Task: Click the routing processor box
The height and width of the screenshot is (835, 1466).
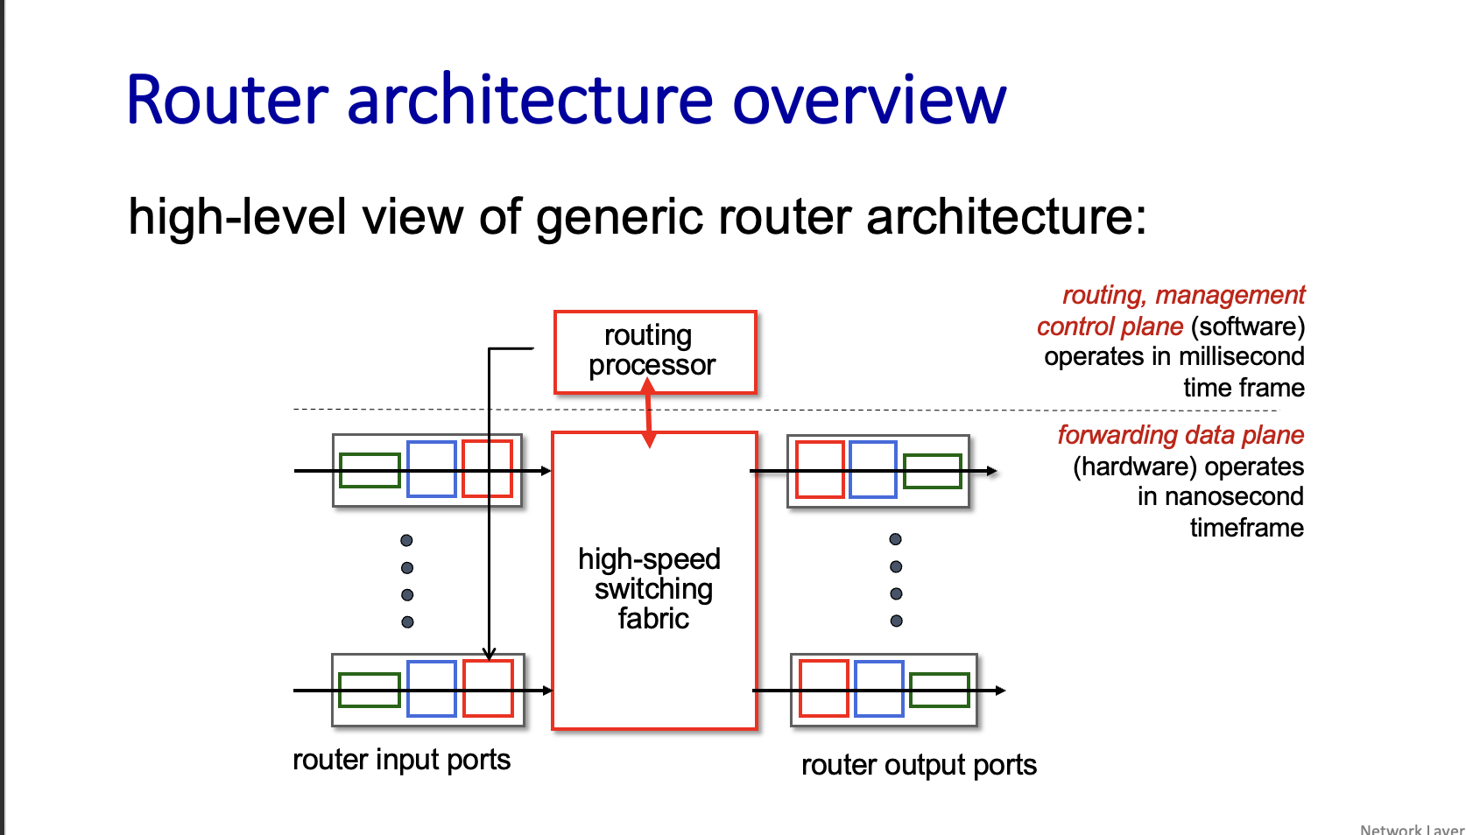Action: click(x=654, y=351)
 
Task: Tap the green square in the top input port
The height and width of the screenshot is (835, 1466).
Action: click(x=370, y=470)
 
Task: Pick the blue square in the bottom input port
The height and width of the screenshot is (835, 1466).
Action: click(x=432, y=689)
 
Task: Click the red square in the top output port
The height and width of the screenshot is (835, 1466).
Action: click(x=820, y=470)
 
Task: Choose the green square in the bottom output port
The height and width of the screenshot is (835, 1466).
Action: click(x=940, y=690)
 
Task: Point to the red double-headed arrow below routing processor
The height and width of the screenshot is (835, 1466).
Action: click(x=649, y=412)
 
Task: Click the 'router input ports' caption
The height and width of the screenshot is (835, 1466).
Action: click(x=401, y=760)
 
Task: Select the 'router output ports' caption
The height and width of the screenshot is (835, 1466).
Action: click(x=919, y=765)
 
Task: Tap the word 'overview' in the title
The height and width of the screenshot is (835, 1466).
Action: click(x=869, y=101)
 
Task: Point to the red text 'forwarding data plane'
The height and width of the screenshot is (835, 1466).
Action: click(x=1181, y=435)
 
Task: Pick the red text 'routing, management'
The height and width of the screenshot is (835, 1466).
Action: click(x=1183, y=296)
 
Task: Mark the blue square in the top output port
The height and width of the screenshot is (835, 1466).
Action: click(x=873, y=470)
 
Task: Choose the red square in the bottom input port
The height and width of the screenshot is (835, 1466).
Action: click(x=488, y=689)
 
